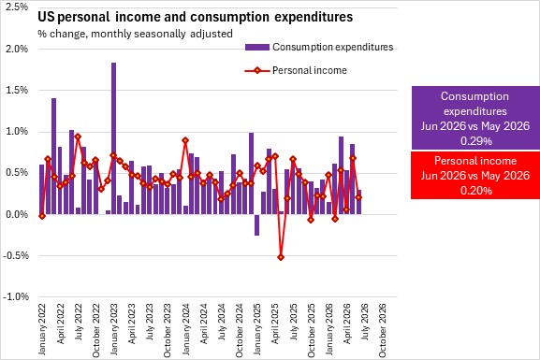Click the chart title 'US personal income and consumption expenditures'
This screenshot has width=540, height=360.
coord(196,17)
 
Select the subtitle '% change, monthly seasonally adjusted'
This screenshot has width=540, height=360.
coord(135,34)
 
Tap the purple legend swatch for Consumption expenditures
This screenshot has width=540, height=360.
coord(257,47)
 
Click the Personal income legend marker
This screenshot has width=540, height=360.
coord(257,70)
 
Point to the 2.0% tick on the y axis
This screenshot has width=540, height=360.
coord(17,49)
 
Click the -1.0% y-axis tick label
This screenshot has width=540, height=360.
coord(16,296)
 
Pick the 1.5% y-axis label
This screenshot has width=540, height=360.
coord(17,90)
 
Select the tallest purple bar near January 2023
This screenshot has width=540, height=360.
coord(113,138)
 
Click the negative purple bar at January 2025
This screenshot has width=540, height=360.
coord(256,224)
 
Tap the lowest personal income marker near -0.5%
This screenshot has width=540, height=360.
coord(281,257)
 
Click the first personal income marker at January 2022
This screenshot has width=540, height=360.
coord(42,216)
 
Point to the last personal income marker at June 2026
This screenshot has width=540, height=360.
coord(358,197)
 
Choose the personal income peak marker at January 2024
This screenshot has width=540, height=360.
coord(185,140)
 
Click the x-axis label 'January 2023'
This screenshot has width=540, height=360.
coord(114,329)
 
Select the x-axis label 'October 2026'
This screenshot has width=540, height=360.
coord(383,330)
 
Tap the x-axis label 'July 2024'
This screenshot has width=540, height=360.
coord(222,322)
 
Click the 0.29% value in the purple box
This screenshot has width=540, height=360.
coord(476,141)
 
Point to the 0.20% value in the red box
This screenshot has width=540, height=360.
coord(476,191)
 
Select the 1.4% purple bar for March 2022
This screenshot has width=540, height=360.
coord(53,156)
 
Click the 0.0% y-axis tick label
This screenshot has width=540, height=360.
coord(17,214)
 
